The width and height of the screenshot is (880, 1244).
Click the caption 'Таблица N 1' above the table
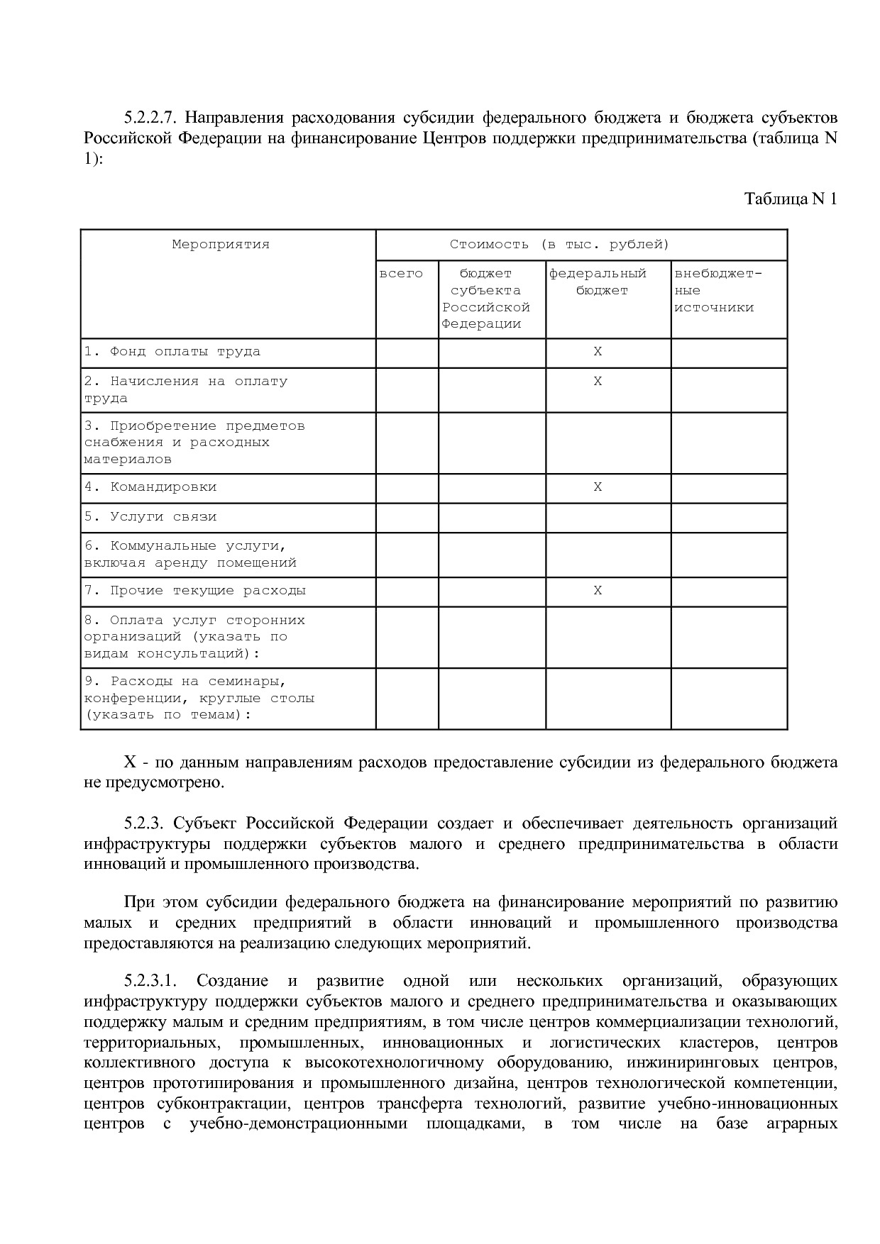tap(791, 199)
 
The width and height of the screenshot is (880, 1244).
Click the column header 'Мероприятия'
tap(221, 245)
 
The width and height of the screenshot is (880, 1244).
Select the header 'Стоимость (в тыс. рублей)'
tap(559, 245)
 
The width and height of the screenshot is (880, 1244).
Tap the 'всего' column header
tap(401, 274)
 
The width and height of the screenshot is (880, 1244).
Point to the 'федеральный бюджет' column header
tap(598, 282)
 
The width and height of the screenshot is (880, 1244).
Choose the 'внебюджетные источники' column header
tap(717, 290)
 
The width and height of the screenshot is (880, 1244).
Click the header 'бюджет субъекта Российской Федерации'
tap(486, 299)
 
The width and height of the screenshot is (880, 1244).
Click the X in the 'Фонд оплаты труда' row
tap(598, 352)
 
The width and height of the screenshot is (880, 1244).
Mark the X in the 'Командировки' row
tap(598, 487)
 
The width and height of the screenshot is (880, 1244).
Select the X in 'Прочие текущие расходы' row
tap(598, 591)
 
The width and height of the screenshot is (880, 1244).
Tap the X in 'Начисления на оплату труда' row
tap(598, 382)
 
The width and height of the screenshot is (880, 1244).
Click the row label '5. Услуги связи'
tap(150, 517)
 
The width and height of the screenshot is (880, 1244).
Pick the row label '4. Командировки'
tap(150, 487)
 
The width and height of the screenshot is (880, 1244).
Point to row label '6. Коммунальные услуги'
tap(185, 546)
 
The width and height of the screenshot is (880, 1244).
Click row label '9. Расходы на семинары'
tap(185, 682)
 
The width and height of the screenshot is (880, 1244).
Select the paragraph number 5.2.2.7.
tap(149, 117)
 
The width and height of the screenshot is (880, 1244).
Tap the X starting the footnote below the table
tap(130, 763)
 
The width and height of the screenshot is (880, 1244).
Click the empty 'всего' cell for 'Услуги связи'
tap(407, 518)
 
